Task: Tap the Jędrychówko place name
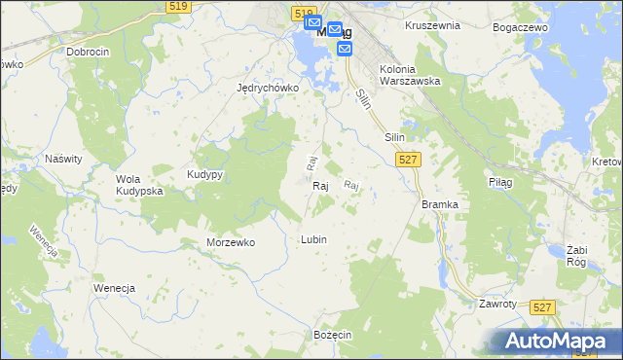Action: (x=267, y=87)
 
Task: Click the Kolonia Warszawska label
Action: (x=409, y=75)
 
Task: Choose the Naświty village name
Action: (x=63, y=158)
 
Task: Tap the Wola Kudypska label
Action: (x=138, y=185)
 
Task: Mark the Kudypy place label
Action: (x=205, y=174)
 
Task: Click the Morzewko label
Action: (x=231, y=242)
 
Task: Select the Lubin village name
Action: (x=313, y=239)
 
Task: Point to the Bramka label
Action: (x=440, y=204)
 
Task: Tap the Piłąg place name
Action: (x=499, y=181)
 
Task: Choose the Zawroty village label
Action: (x=496, y=304)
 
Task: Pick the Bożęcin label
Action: (x=332, y=334)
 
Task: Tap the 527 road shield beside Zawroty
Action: (x=543, y=307)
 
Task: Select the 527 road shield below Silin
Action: (x=409, y=159)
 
